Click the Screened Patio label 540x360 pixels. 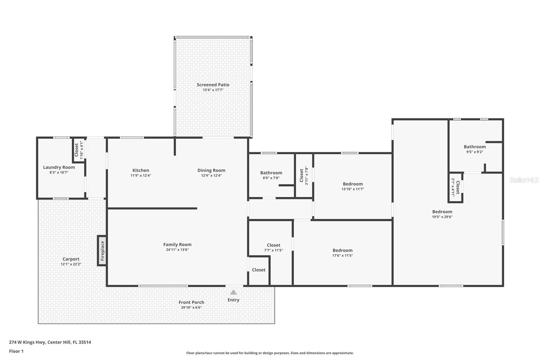[x=213, y=85]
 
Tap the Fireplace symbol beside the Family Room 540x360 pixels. [x=102, y=250]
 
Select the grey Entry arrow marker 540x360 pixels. [x=233, y=292]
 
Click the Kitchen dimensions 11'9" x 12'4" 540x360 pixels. [x=141, y=176]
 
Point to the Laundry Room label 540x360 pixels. [x=59, y=167]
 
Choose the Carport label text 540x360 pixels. [x=71, y=259]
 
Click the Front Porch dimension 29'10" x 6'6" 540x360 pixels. [x=191, y=308]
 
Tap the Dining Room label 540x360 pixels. [x=211, y=170]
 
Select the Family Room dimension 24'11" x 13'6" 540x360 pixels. [x=177, y=250]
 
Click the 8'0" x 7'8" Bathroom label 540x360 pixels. [x=271, y=173]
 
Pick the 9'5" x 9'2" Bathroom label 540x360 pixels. [x=475, y=147]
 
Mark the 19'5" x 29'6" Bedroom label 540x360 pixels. [x=442, y=212]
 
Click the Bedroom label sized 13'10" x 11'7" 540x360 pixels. [x=353, y=184]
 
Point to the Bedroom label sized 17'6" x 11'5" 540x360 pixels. [x=343, y=250]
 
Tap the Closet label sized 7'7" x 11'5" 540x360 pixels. [x=273, y=245]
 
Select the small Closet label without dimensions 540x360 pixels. [x=259, y=270]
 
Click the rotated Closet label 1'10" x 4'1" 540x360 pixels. [x=77, y=150]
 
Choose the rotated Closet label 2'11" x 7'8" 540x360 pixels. [x=302, y=176]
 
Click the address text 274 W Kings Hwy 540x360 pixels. [x=50, y=342]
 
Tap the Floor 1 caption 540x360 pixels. [x=16, y=351]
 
